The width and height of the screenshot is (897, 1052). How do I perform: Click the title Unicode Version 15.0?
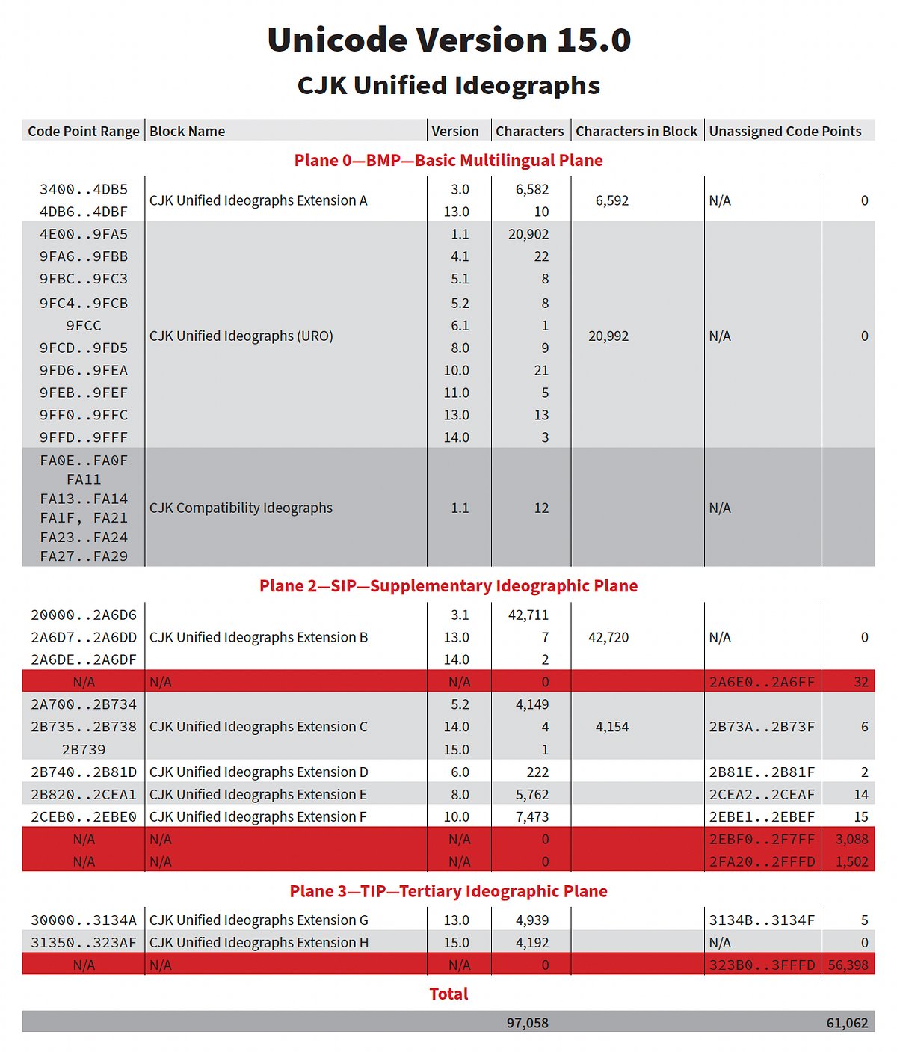pyautogui.click(x=449, y=40)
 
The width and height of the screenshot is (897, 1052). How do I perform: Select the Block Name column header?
pyautogui.click(x=187, y=131)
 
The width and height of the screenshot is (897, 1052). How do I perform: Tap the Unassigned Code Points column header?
pyautogui.click(x=785, y=131)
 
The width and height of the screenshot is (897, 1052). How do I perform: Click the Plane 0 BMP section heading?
pyautogui.click(x=449, y=160)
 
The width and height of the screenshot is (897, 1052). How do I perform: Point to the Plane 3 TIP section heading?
pyautogui.click(x=449, y=891)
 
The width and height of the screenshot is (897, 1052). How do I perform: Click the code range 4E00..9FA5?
pyautogui.click(x=84, y=234)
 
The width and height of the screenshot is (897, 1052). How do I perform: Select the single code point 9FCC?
pyautogui.click(x=84, y=325)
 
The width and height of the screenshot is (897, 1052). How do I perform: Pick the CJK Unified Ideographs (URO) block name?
pyautogui.click(x=241, y=336)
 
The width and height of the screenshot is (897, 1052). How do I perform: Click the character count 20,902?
pyautogui.click(x=528, y=234)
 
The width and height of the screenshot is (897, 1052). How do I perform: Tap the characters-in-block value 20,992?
pyautogui.click(x=608, y=336)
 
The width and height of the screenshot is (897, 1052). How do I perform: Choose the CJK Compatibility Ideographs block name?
pyautogui.click(x=241, y=508)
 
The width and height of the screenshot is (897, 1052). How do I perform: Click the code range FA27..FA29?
pyautogui.click(x=84, y=556)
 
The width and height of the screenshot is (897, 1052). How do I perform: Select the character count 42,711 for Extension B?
pyautogui.click(x=528, y=615)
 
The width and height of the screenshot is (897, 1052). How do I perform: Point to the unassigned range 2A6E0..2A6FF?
pyautogui.click(x=762, y=682)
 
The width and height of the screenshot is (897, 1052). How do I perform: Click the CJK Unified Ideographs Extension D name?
pyautogui.click(x=259, y=772)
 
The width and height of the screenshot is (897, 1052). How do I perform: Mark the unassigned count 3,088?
pyautogui.click(x=851, y=839)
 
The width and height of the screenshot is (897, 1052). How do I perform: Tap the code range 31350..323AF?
pyautogui.click(x=84, y=942)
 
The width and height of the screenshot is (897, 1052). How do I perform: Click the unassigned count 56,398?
pyautogui.click(x=848, y=965)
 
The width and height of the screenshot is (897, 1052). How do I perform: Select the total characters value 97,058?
pyautogui.click(x=528, y=1023)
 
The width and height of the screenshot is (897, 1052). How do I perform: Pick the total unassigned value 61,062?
pyautogui.click(x=847, y=1023)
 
